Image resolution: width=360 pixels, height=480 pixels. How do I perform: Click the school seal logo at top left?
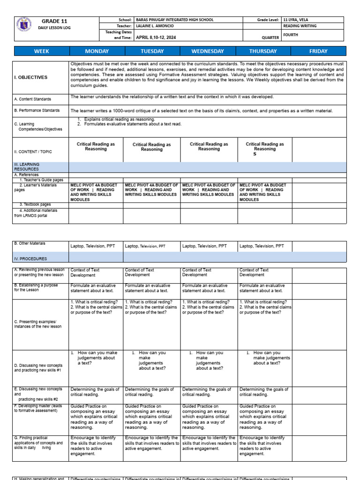coord(24,24)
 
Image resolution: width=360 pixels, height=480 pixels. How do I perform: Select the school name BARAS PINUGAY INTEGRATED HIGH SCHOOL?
coord(174,20)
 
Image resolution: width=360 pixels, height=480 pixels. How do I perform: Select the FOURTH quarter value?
coord(291,35)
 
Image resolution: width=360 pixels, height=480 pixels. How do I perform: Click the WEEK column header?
coord(41,51)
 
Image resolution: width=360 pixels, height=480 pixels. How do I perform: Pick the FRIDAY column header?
coord(318,51)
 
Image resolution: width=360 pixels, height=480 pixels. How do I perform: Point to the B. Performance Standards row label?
coord(37,111)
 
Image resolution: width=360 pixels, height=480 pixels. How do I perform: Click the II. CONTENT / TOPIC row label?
coord(33,151)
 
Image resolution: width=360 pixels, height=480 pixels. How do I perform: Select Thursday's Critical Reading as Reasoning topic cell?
coord(265,149)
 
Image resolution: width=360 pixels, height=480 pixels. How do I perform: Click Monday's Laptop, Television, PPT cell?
coord(96,246)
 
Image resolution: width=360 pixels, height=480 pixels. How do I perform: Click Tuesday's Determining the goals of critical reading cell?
coord(151,392)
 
